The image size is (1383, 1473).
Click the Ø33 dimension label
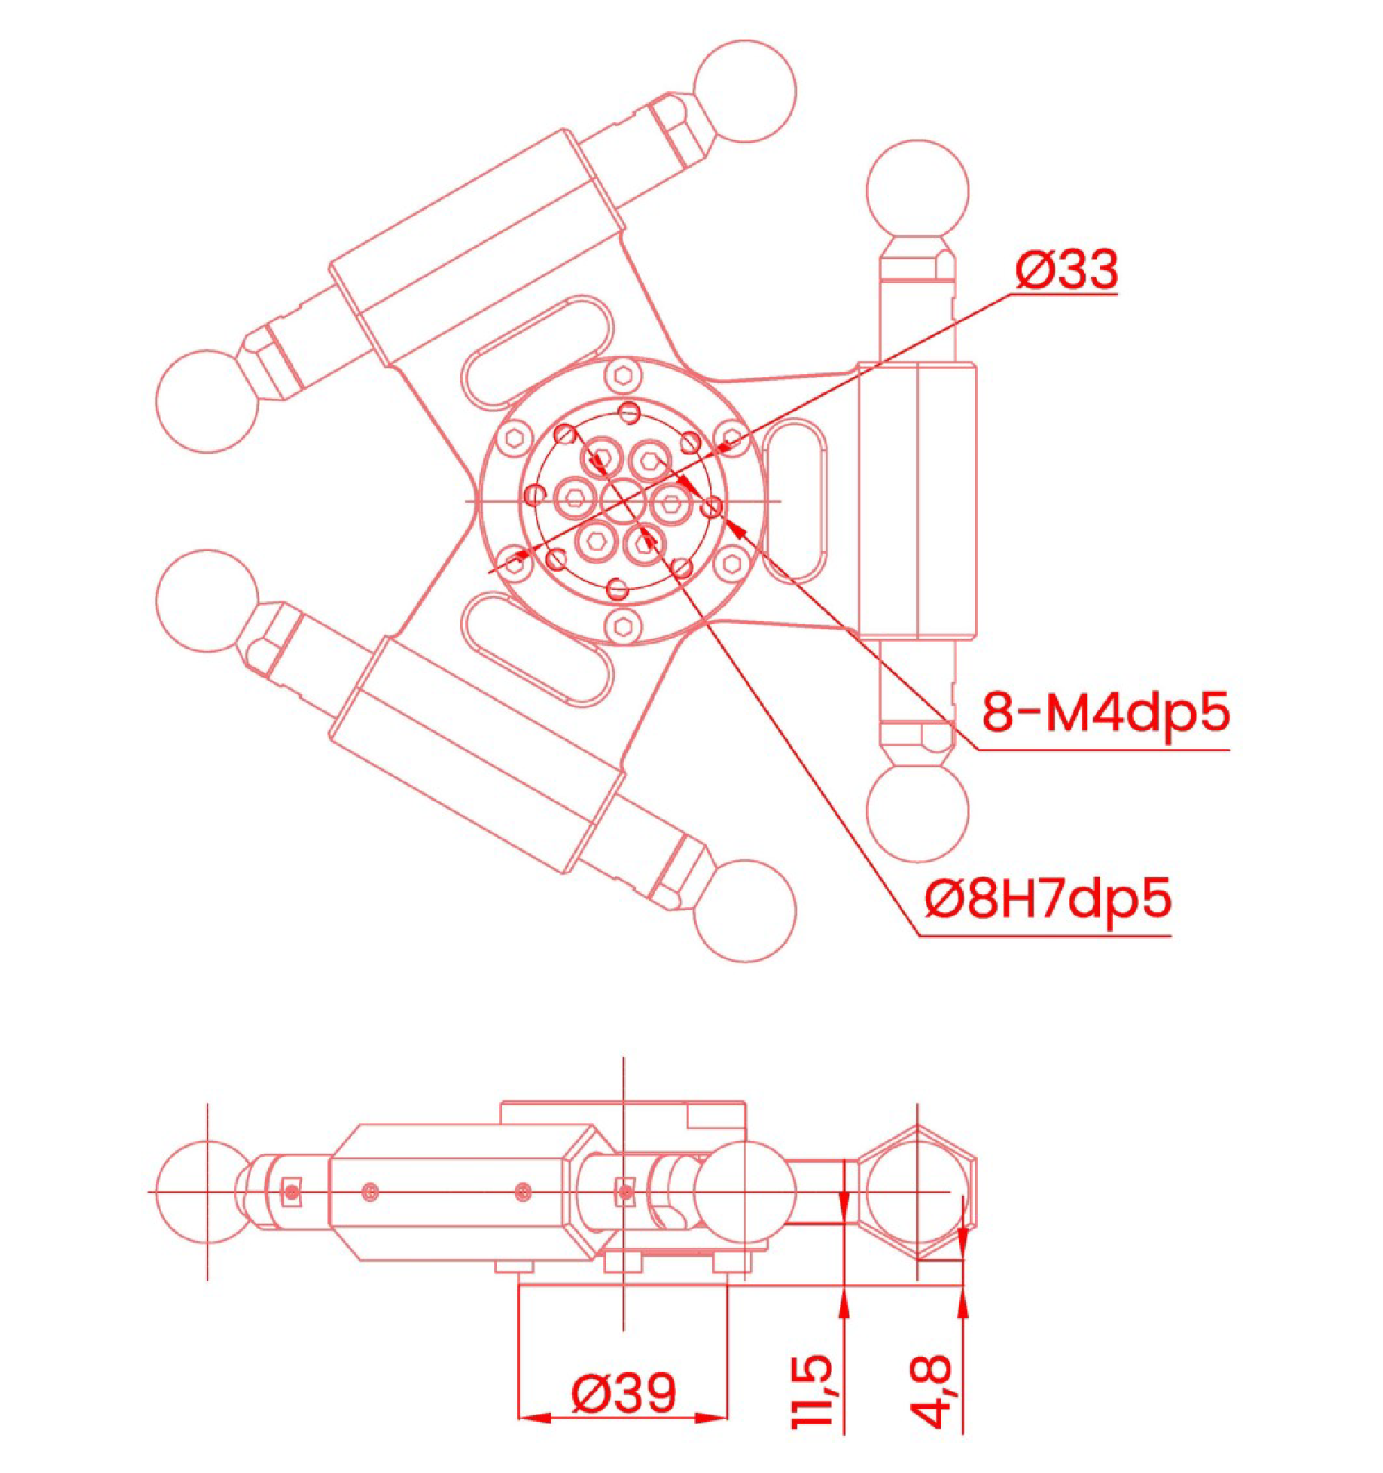1066,269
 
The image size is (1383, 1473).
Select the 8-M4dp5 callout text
1105,712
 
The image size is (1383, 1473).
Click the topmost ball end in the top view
744,91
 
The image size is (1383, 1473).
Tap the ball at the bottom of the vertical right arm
917,811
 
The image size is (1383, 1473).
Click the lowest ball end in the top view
744,911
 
